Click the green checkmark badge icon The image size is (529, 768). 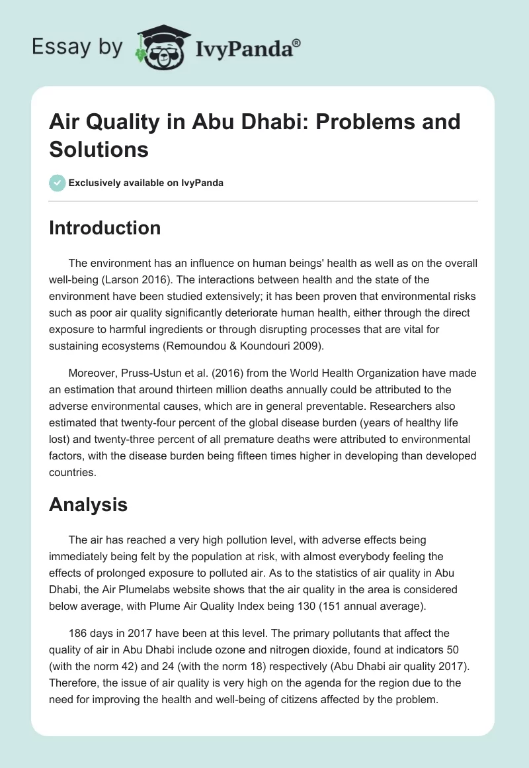pyautogui.click(x=57, y=183)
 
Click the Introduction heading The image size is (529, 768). pyautogui.click(x=104, y=228)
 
